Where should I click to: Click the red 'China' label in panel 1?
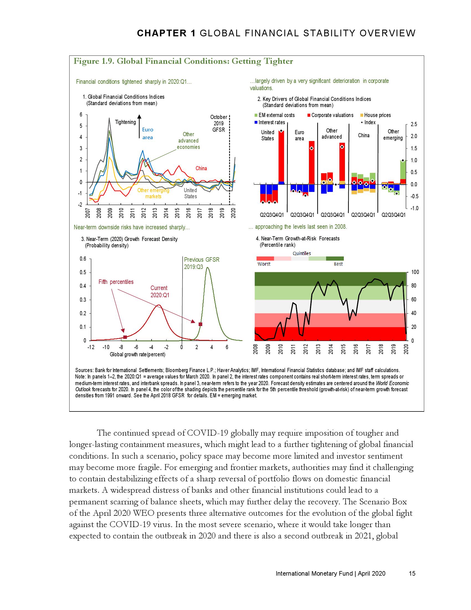(201, 168)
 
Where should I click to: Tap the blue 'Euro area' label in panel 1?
(148, 134)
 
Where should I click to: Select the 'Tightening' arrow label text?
(125, 122)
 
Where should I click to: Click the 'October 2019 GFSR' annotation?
(218, 123)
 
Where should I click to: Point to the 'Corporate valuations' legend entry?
(332, 115)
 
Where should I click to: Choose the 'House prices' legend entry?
(377, 115)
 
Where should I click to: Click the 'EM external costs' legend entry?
(276, 115)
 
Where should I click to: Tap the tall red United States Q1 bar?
(281, 156)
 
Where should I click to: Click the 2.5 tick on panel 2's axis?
(414, 124)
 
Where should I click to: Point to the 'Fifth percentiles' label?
(116, 282)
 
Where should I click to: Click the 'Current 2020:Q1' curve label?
(160, 291)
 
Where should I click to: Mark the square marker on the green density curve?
(200, 324)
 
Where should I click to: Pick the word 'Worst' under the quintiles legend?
(264, 264)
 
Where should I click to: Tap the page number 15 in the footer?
(412, 573)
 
